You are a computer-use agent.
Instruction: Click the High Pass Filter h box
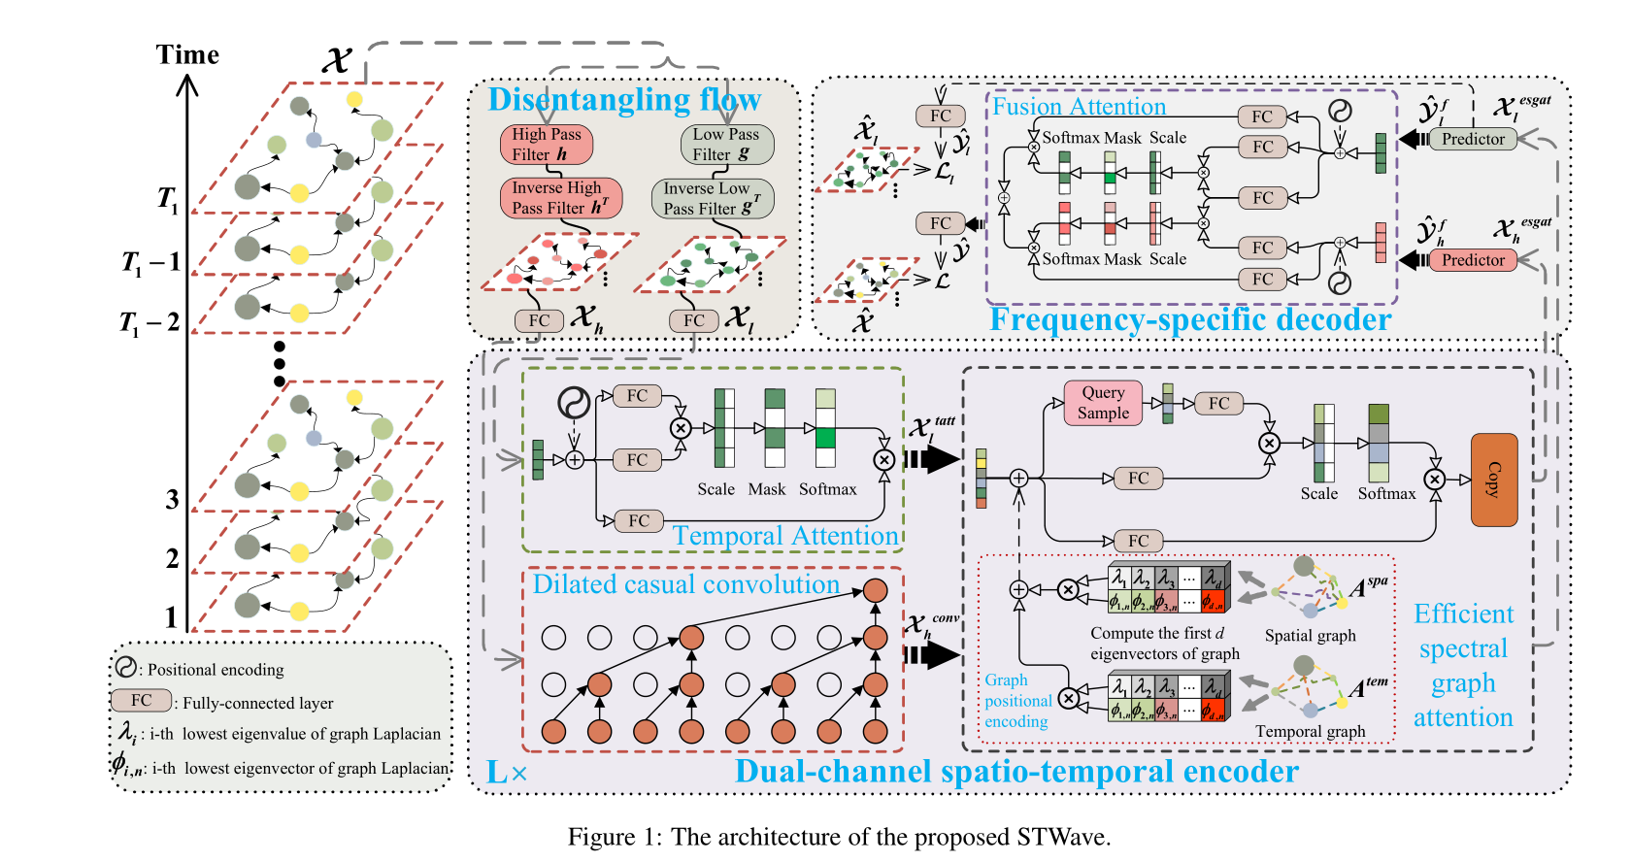tap(547, 145)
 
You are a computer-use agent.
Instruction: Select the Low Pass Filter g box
tap(726, 145)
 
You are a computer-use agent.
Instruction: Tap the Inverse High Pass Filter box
tap(560, 198)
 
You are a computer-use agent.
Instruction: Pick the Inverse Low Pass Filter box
tap(712, 198)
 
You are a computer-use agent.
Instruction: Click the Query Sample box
tap(1103, 403)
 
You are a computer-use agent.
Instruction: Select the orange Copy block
tap(1494, 480)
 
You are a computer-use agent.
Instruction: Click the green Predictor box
tap(1472, 139)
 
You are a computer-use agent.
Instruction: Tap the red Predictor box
tap(1472, 260)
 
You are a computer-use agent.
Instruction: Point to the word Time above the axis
tap(187, 54)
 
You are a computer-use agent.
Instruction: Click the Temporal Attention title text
tap(784, 536)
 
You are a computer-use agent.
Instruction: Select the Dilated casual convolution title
tap(685, 584)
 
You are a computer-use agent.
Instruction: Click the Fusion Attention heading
tap(1079, 106)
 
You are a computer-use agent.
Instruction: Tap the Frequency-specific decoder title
tap(1189, 319)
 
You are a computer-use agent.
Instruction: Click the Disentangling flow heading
tap(623, 99)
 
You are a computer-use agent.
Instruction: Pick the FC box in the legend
tap(142, 700)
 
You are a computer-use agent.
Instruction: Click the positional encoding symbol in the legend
tap(126, 667)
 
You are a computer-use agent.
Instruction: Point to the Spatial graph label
tap(1310, 636)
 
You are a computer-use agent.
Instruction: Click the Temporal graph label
tap(1310, 731)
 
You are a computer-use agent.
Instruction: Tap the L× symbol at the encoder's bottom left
tap(507, 773)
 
